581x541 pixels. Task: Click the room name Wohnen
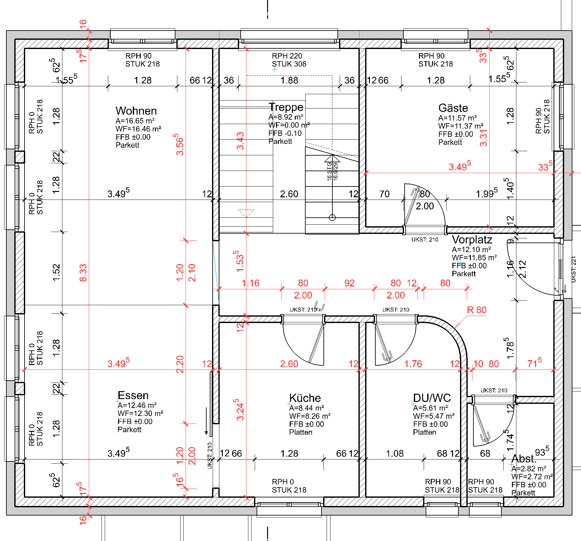(136, 111)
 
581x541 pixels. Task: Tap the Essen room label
(133, 395)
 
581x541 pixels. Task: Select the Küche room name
(305, 398)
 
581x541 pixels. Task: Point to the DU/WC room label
(432, 398)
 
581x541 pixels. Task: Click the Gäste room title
(453, 108)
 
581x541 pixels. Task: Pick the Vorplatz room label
(472, 239)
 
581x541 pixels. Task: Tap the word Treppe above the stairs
(286, 107)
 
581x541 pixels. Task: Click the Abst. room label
(524, 459)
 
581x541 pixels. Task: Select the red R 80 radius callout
(477, 310)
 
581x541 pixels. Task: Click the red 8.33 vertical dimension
(83, 273)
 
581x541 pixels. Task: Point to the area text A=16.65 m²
(135, 121)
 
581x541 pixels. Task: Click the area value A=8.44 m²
(307, 408)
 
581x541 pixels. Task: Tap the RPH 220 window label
(287, 56)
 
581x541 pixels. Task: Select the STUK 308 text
(289, 64)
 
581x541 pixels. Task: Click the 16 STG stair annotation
(329, 172)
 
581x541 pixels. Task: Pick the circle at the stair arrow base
(332, 218)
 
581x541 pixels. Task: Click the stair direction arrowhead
(332, 158)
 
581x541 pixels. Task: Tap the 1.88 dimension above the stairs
(289, 80)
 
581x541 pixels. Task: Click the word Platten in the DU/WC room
(425, 432)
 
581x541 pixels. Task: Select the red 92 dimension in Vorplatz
(349, 283)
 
